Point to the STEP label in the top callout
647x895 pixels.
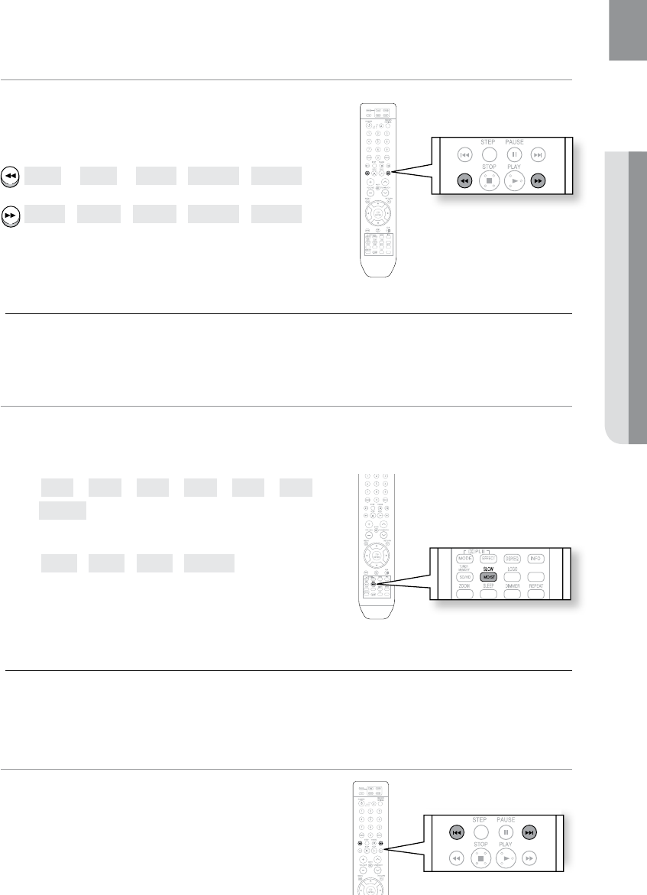tap(489, 141)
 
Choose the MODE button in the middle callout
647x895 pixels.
tap(465, 559)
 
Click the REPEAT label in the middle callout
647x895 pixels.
tap(535, 586)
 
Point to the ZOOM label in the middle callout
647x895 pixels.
tap(465, 586)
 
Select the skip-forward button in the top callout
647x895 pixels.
tap(539, 154)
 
